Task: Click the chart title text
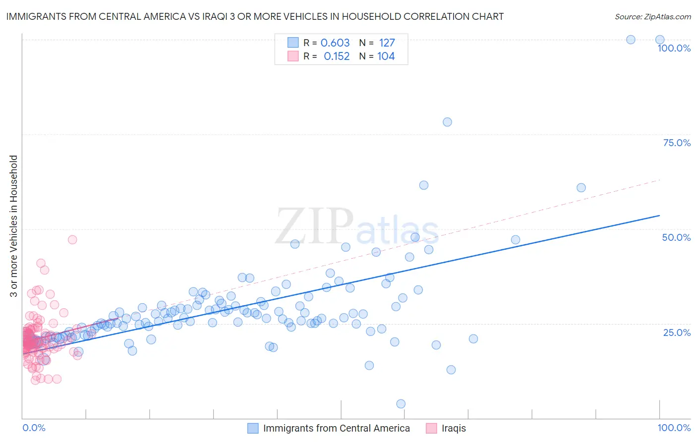point(255,16)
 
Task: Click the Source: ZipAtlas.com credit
point(652,16)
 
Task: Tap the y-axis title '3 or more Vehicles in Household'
point(14,226)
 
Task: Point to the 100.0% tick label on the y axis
point(674,48)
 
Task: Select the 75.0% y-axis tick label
point(677,143)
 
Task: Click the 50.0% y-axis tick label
point(676,237)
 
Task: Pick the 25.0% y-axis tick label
point(677,332)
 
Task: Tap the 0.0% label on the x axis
point(34,428)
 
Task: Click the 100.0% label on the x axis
point(674,428)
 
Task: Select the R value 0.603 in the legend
point(335,43)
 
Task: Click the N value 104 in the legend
point(386,56)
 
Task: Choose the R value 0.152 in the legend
point(337,56)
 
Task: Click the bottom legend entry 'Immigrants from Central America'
point(336,428)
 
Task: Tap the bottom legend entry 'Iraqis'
point(454,428)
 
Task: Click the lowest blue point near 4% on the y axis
point(401,404)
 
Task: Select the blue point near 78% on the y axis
point(447,122)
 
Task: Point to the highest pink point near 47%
point(72,239)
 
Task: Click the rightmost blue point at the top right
point(660,40)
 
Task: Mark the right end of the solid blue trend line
point(660,216)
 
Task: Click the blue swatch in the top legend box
point(293,43)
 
